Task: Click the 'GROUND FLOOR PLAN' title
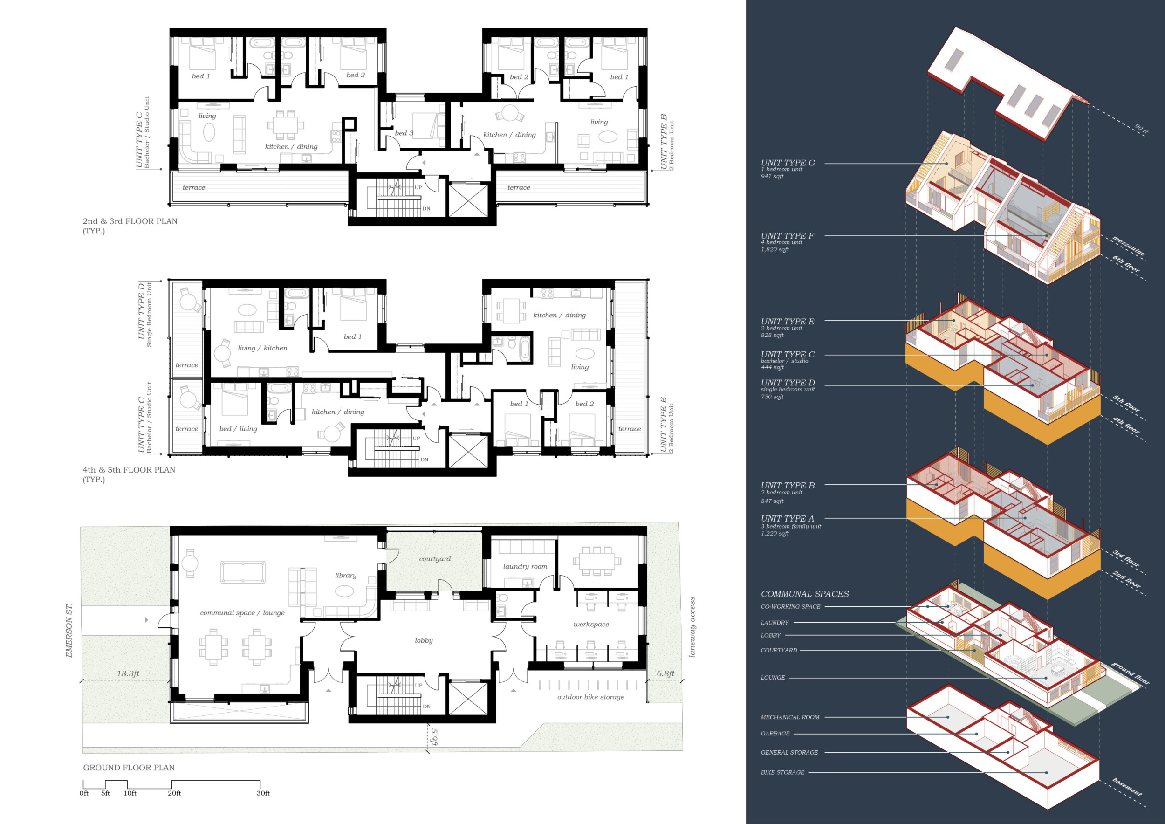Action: [129, 768]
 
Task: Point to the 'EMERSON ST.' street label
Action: [69, 630]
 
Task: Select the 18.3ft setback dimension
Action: [128, 674]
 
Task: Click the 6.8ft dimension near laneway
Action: [665, 674]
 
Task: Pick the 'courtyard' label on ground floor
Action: [435, 559]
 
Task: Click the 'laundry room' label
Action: [525, 566]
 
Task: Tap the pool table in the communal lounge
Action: [243, 572]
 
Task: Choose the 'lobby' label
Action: [424, 640]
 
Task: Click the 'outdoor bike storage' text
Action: [590, 697]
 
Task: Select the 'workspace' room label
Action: [591, 624]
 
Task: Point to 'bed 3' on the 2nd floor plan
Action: [404, 133]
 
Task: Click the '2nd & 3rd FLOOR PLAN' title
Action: [130, 221]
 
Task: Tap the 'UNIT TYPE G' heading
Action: [788, 163]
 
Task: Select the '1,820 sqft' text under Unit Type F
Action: [775, 249]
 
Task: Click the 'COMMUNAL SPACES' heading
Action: [805, 594]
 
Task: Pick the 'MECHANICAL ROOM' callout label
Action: [790, 717]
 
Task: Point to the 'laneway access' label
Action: [692, 627]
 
